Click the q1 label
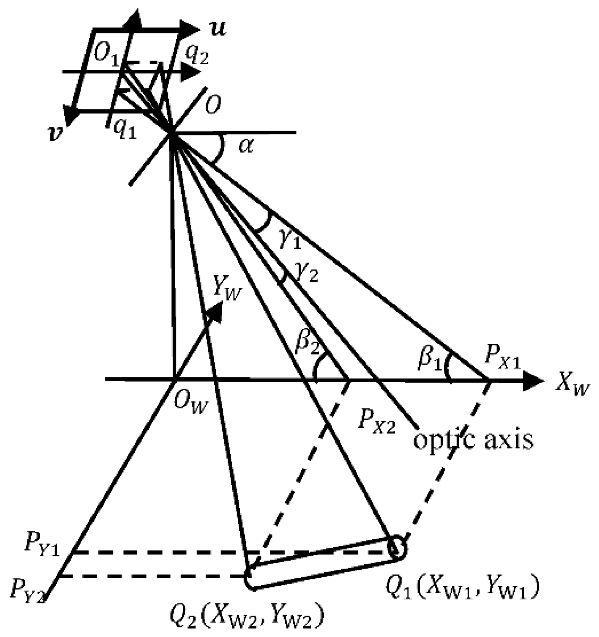(125, 132)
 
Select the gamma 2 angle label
(307, 274)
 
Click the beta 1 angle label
(430, 360)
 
